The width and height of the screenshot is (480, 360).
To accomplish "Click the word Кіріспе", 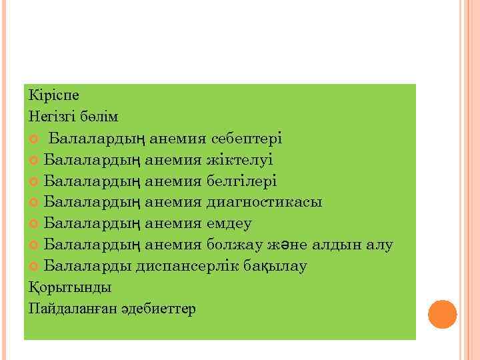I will (54, 95).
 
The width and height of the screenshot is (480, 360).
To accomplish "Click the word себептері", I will (247, 139).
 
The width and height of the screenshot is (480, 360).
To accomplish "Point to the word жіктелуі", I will (240, 160).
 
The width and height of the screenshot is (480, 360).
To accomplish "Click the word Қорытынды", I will (70, 288).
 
